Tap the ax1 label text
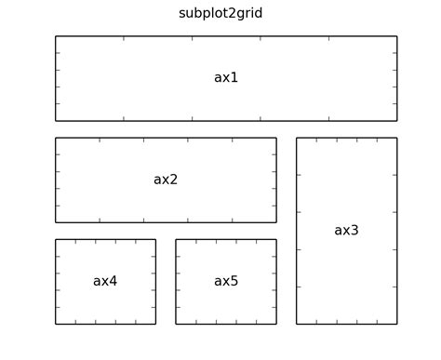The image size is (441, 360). pyautogui.click(x=226, y=78)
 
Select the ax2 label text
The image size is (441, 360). pyautogui.click(x=166, y=180)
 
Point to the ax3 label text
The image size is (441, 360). pyautogui.click(x=346, y=231)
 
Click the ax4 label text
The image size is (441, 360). pyautogui.click(x=105, y=281)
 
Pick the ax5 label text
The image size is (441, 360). pyautogui.click(x=226, y=281)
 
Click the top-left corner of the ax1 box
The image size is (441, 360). pyautogui.click(x=56, y=36)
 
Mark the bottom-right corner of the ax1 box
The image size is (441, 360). pyautogui.click(x=397, y=121)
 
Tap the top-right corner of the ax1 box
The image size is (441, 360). pyautogui.click(x=397, y=36)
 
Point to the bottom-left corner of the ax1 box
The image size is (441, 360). pyautogui.click(x=56, y=121)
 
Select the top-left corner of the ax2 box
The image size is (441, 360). pyautogui.click(x=56, y=139)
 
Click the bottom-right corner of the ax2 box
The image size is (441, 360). pyautogui.click(x=276, y=222)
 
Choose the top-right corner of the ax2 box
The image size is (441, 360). pyautogui.click(x=276, y=139)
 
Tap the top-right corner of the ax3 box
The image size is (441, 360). pyautogui.click(x=397, y=139)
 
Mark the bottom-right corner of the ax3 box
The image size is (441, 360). pyautogui.click(x=397, y=324)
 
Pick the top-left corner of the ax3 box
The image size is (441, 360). pyautogui.click(x=297, y=139)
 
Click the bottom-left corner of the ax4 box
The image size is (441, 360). pyautogui.click(x=56, y=324)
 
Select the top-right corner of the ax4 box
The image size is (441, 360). pyautogui.click(x=155, y=240)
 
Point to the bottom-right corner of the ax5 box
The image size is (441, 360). pyautogui.click(x=276, y=324)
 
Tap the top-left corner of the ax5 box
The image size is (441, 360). pyautogui.click(x=176, y=240)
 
